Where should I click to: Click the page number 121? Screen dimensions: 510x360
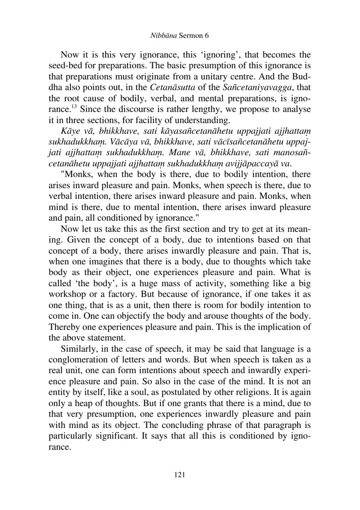point(179,475)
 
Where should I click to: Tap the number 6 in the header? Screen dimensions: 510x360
point(207,36)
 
